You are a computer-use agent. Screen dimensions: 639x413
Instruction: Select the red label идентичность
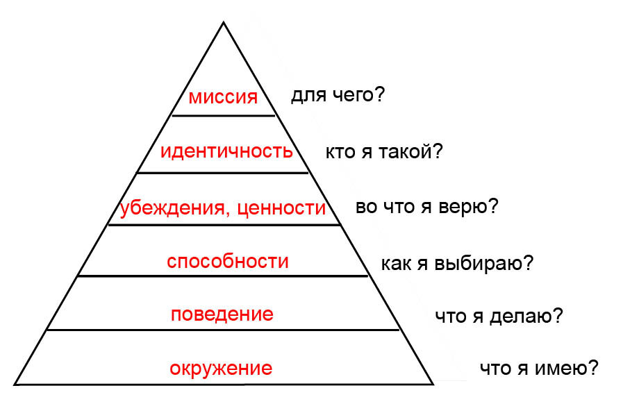[x=226, y=151]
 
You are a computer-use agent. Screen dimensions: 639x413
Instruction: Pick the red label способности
[x=228, y=262]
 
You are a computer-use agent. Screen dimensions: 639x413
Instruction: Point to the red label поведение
[x=222, y=314]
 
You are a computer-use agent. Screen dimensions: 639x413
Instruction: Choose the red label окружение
[x=221, y=367]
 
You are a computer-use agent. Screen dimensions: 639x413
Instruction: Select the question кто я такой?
[x=383, y=152]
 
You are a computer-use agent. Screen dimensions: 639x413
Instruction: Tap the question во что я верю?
[x=426, y=208]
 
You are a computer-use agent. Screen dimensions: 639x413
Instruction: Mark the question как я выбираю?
[x=457, y=264]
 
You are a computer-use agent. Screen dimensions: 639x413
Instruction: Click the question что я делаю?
[x=499, y=317]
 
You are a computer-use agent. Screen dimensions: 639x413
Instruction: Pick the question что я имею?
[x=539, y=369]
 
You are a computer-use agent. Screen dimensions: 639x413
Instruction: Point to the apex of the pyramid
[x=223, y=23]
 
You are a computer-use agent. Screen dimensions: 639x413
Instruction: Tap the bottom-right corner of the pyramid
[x=433, y=383]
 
